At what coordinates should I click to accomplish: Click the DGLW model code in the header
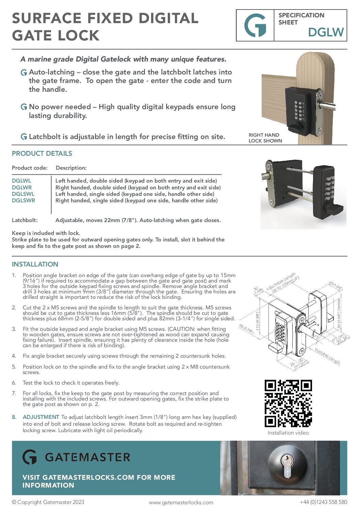click(x=326, y=32)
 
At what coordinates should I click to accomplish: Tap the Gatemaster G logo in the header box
click(x=255, y=26)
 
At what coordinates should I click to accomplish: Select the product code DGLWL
click(x=21, y=181)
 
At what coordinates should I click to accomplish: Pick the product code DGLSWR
click(x=23, y=201)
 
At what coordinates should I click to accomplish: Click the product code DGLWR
click(x=22, y=187)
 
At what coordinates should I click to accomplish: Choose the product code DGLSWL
click(x=23, y=194)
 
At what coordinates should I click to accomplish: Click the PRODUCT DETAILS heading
click(x=42, y=154)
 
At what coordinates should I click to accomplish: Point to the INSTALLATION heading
click(x=35, y=265)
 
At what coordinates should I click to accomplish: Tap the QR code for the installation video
click(x=288, y=403)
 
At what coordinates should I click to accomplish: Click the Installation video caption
click(x=288, y=433)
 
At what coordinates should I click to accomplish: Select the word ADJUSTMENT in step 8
click(x=41, y=417)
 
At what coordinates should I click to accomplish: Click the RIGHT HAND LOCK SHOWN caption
click(x=265, y=138)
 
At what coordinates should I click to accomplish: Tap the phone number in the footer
click(x=323, y=502)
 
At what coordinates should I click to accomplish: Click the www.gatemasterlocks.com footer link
click(x=181, y=503)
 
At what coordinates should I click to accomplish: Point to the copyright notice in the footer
click(x=48, y=502)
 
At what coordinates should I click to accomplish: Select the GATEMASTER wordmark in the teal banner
click(x=87, y=457)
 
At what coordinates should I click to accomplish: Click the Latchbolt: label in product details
click(x=25, y=220)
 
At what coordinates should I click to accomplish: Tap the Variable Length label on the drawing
click(x=327, y=356)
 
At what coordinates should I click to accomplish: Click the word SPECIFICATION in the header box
click(x=301, y=15)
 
